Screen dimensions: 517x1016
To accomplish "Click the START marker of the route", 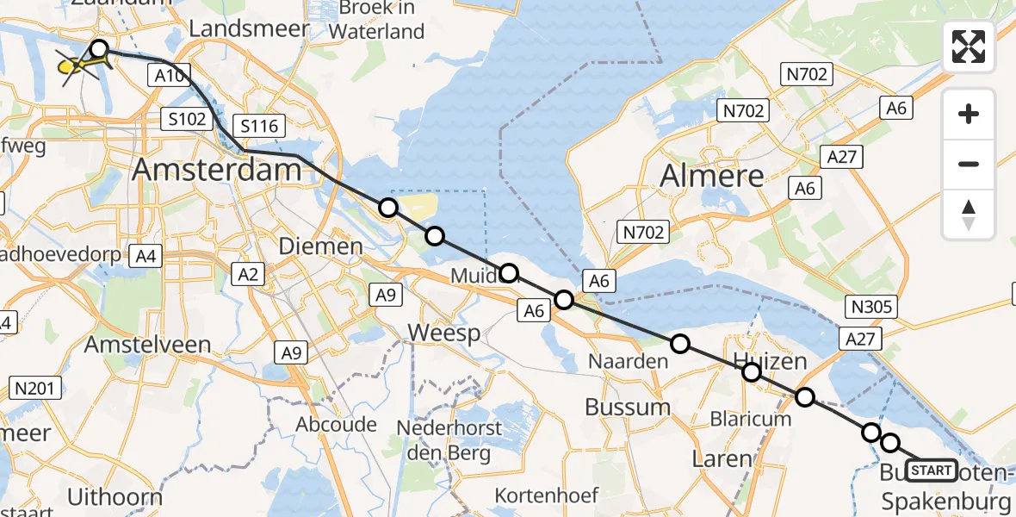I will click(932, 470).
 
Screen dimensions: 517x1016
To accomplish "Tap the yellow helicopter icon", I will click(77, 65).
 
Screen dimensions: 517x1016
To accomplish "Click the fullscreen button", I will click(969, 47).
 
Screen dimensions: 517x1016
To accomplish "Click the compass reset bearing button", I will click(969, 215).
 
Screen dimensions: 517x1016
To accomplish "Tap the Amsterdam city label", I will click(217, 170).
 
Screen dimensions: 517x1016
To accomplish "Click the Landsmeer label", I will click(249, 28).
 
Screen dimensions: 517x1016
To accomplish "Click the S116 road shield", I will click(259, 127).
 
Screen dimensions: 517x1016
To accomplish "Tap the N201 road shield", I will click(34, 389).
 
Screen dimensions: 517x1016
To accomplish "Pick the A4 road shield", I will click(145, 256).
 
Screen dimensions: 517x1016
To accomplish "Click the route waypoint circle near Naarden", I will click(680, 345).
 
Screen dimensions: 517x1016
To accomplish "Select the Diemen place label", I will click(321, 247).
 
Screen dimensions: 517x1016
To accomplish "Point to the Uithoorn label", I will click(115, 497).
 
